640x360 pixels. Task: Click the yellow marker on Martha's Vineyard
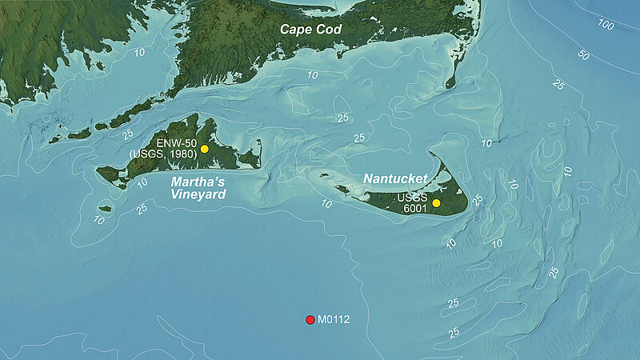tap(205, 149)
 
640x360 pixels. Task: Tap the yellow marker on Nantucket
tap(436, 203)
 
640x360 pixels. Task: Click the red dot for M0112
tap(310, 320)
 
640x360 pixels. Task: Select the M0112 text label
tap(334, 320)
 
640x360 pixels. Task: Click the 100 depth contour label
tap(606, 26)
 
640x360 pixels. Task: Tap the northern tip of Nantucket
tap(431, 153)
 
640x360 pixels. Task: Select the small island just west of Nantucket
tap(342, 190)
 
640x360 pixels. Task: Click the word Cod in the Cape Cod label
tap(328, 29)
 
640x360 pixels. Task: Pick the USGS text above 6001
tap(416, 196)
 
